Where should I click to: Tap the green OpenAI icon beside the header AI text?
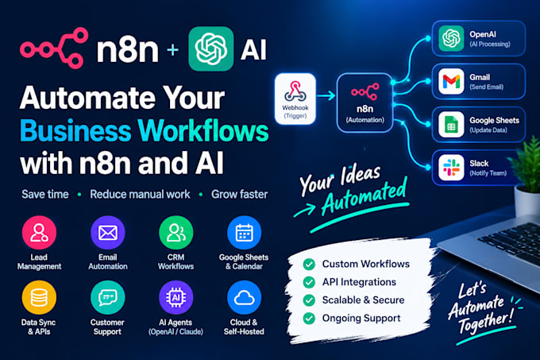(210, 48)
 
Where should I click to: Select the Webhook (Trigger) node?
(295, 99)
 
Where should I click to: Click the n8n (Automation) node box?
(365, 103)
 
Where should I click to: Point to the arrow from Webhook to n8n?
(326, 95)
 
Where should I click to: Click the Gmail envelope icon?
(451, 81)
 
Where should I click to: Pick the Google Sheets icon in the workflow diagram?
(451, 124)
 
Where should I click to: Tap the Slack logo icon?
(451, 168)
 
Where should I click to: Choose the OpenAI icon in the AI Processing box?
(451, 38)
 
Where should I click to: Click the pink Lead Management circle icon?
(39, 233)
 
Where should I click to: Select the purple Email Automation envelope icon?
(108, 233)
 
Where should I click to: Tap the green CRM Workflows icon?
(176, 233)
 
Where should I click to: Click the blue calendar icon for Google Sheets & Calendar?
(244, 233)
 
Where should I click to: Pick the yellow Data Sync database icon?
(39, 298)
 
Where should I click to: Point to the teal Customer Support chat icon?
(108, 298)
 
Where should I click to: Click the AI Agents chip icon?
(176, 298)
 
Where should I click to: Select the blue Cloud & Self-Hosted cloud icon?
(244, 298)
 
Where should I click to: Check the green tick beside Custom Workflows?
(309, 264)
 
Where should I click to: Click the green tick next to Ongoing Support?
(309, 318)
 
